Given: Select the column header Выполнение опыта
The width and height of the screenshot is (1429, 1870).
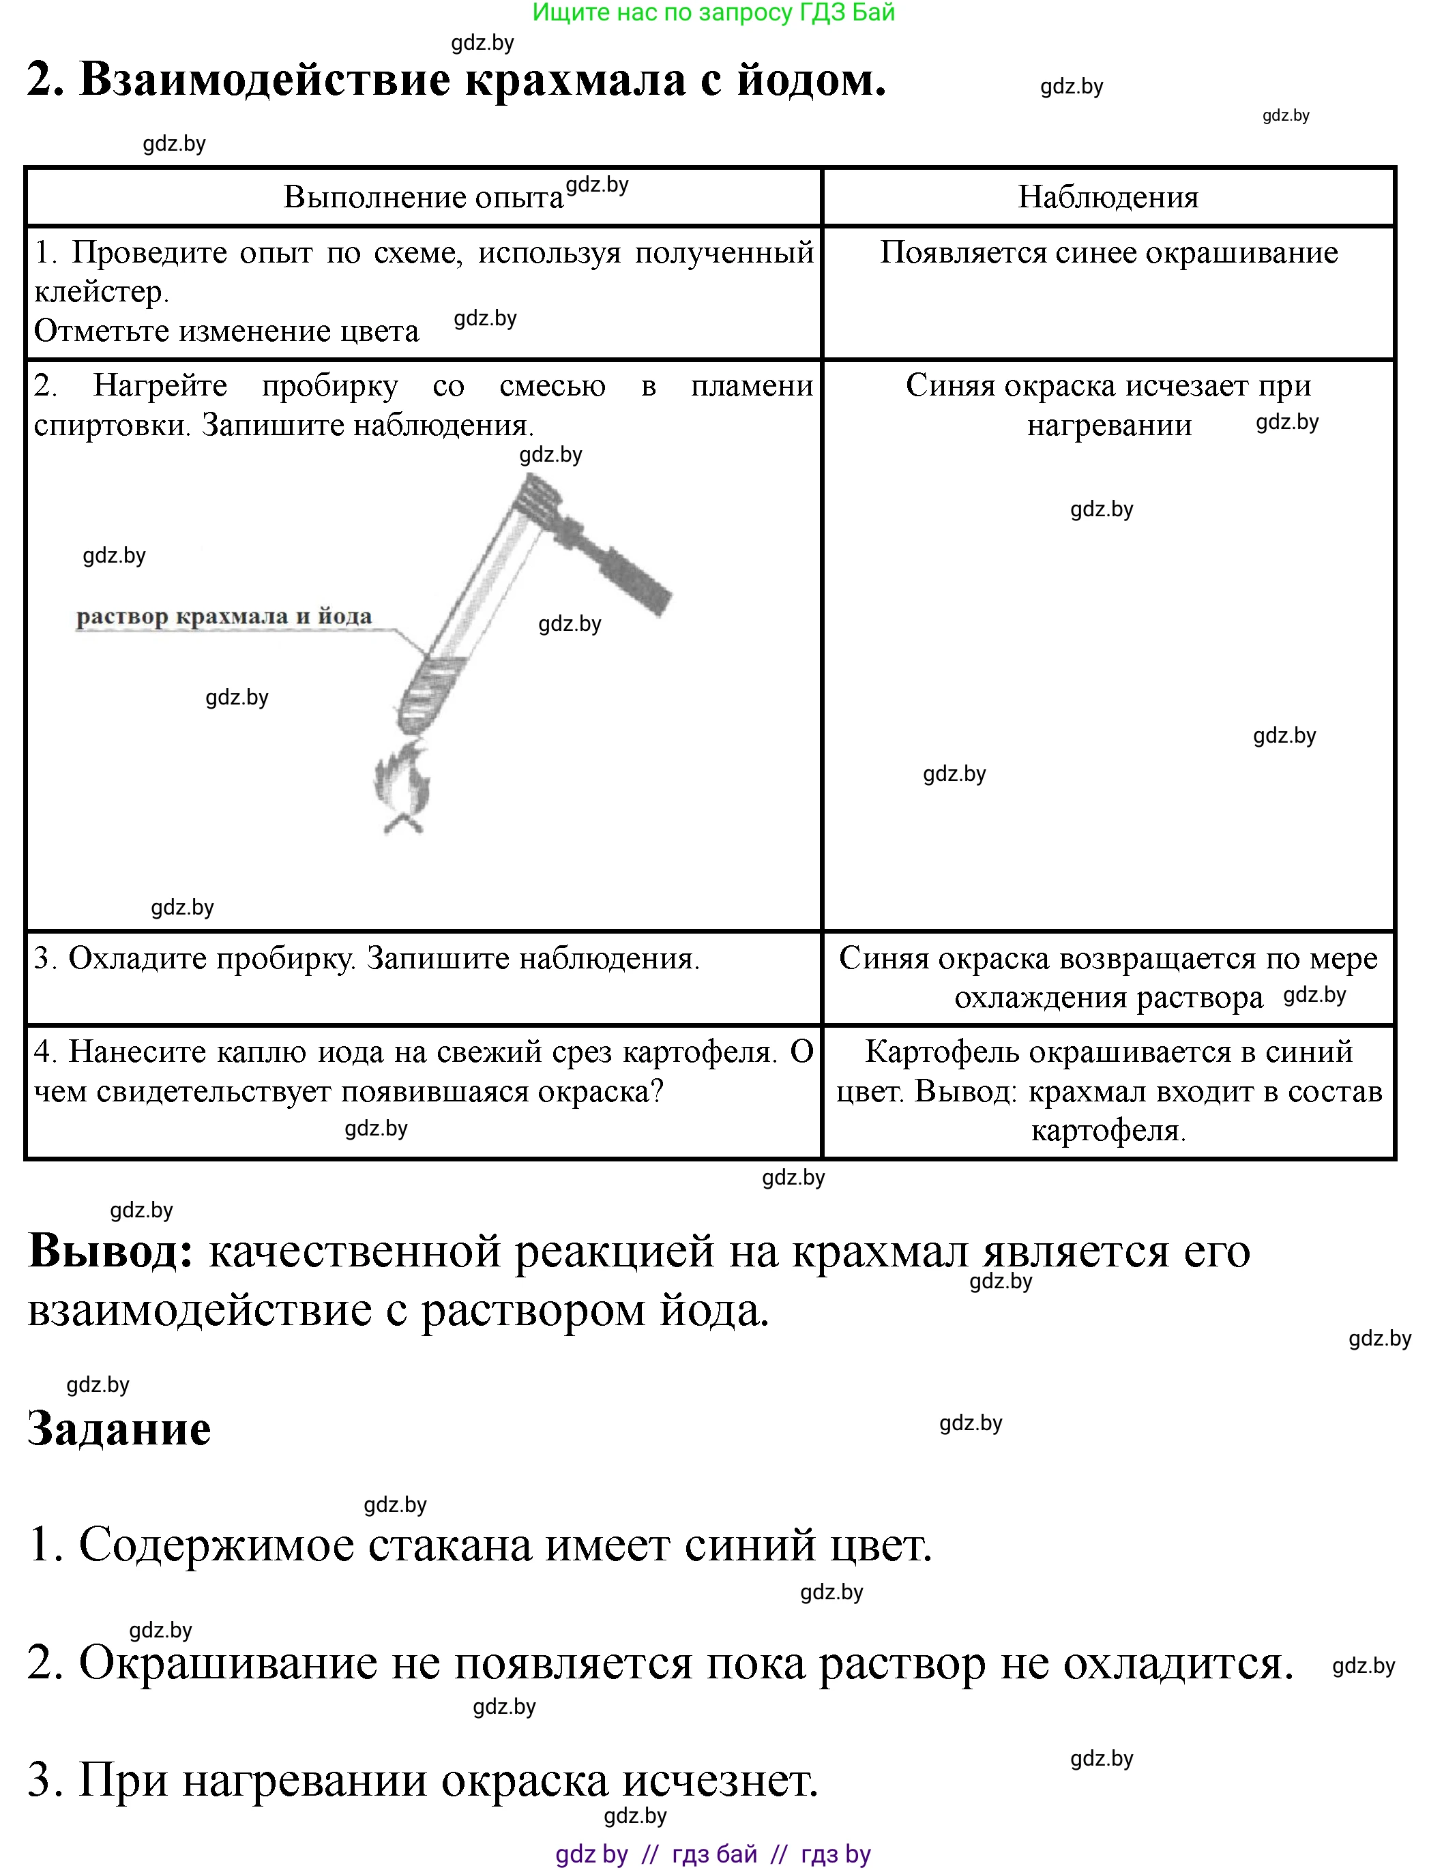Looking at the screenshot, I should [x=423, y=197].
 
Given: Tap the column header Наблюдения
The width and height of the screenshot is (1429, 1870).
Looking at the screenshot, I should [x=1108, y=197].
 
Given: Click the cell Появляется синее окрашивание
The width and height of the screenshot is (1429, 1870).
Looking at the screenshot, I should [x=1108, y=252].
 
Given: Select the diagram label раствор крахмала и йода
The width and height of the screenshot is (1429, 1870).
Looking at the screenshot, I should [x=224, y=617].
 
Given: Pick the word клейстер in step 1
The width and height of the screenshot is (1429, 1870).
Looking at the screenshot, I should [x=100, y=292].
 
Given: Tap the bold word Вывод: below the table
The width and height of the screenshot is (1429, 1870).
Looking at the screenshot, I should [x=111, y=1251].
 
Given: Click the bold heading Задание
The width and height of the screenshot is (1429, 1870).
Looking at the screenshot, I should [x=119, y=1429].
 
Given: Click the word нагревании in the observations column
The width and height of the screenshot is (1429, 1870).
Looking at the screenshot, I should [x=1108, y=425].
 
